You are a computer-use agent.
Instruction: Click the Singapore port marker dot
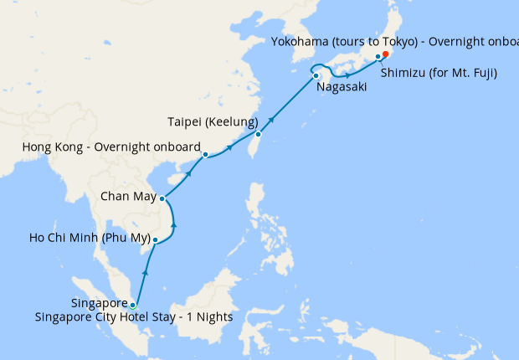132,305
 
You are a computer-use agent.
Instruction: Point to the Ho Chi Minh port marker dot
155,240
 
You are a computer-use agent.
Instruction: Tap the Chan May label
127,198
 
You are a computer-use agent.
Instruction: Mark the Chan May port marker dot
163,198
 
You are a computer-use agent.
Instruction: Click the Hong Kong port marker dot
205,155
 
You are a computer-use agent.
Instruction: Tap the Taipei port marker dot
259,134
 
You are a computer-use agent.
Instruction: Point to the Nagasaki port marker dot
316,76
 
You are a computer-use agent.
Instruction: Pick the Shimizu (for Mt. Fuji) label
439,73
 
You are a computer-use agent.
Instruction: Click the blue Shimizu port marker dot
378,57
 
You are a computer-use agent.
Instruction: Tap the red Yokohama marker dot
385,55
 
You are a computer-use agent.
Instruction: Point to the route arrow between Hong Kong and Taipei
229,149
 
